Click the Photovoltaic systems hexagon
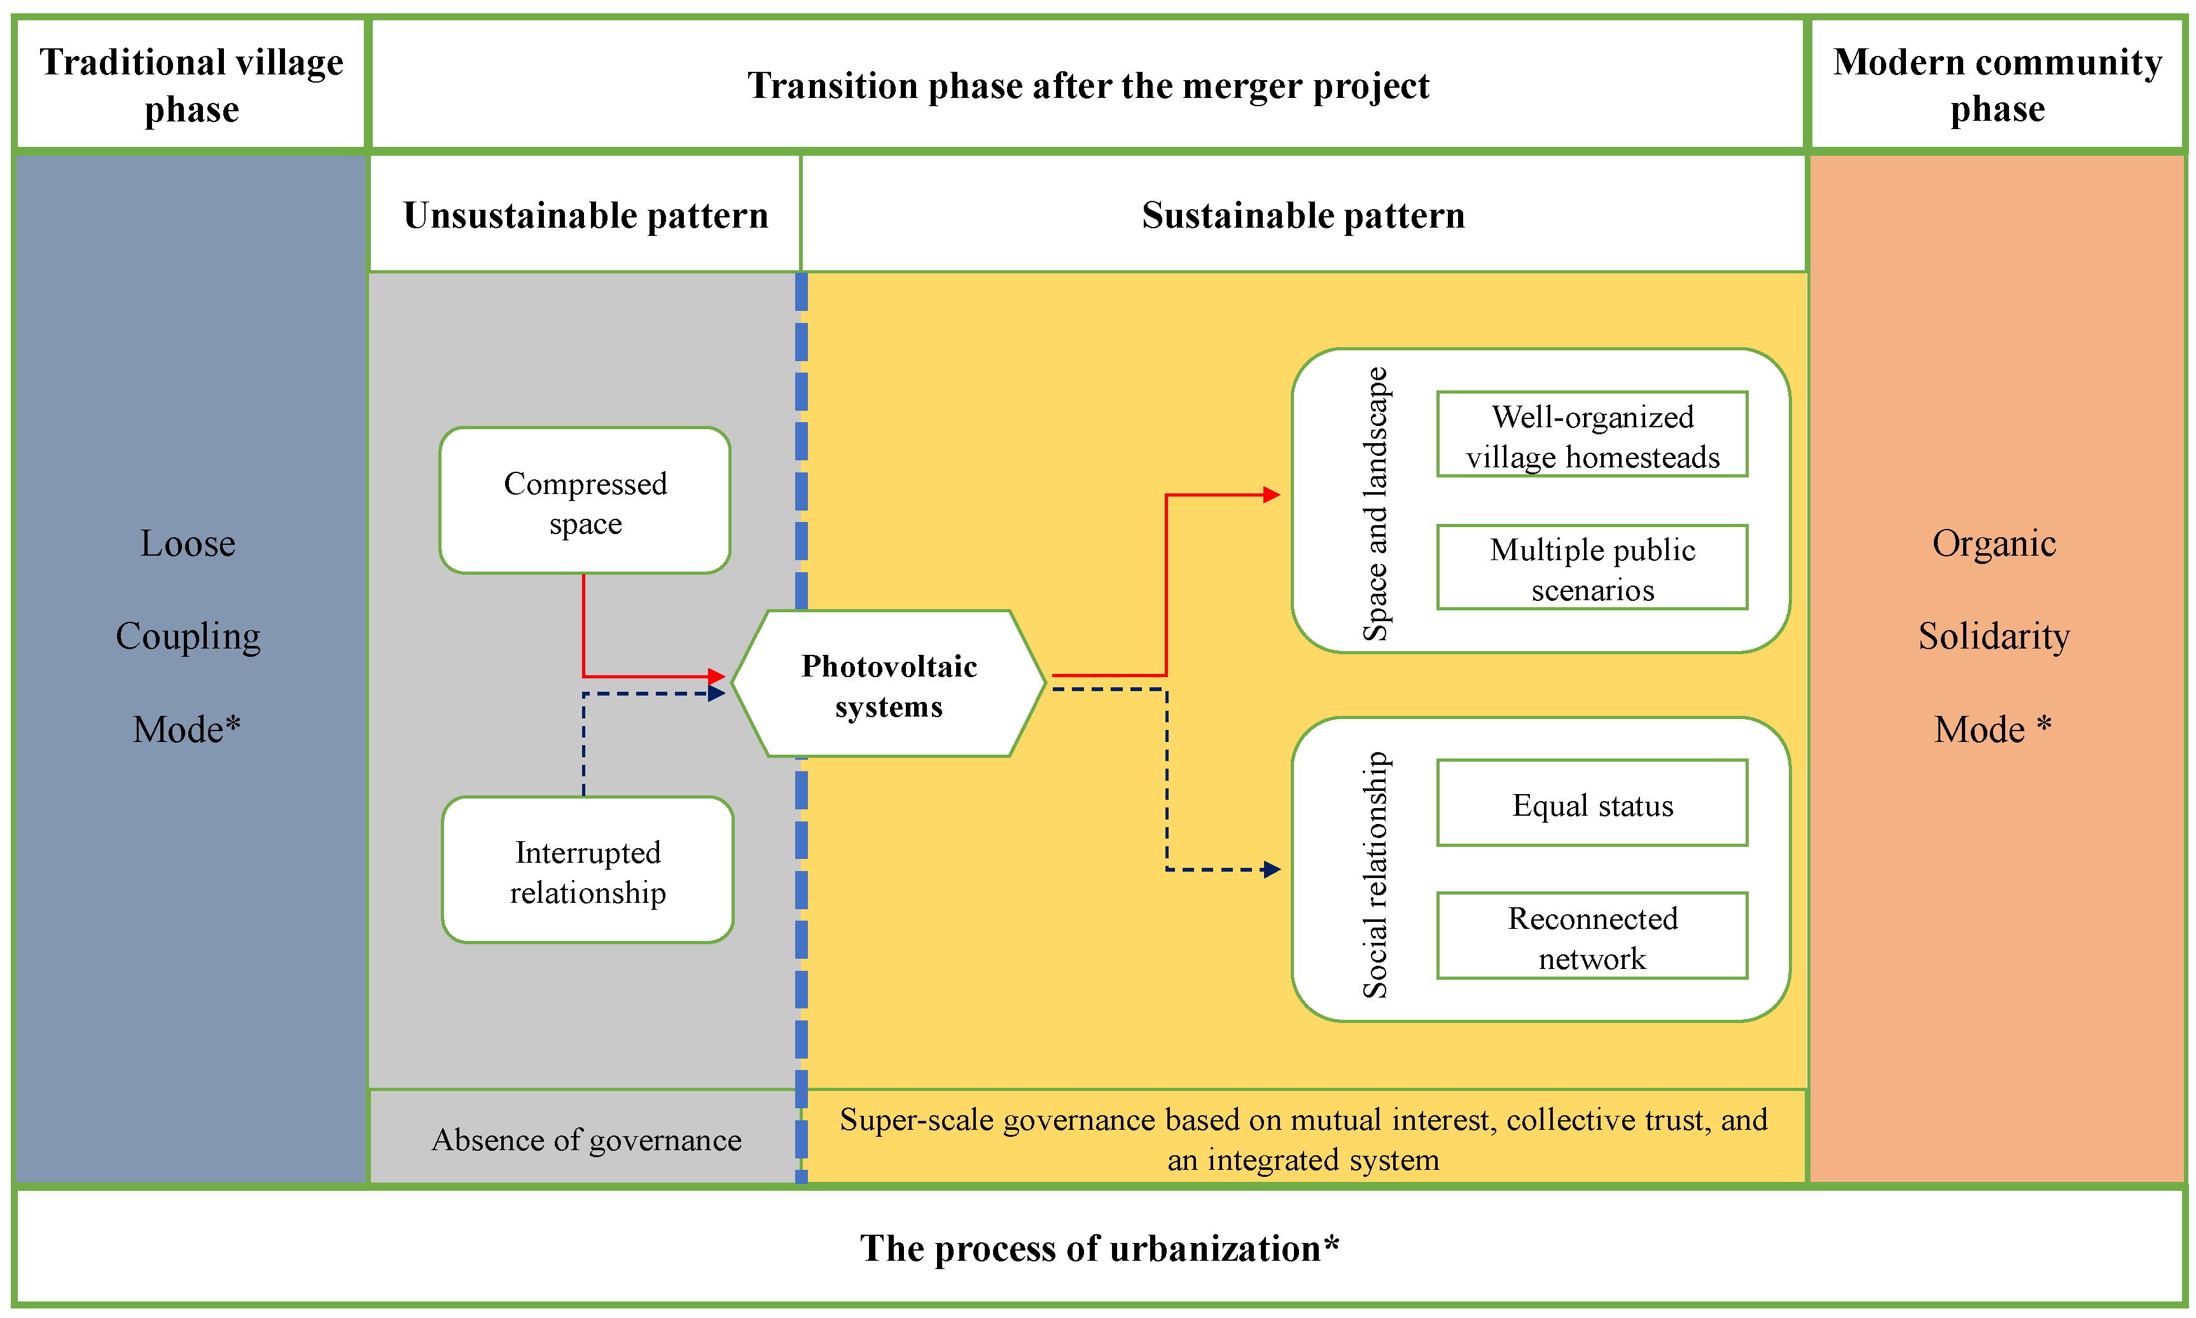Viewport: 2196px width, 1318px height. pyautogui.click(x=888, y=685)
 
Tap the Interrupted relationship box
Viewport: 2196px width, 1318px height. pyautogui.click(x=587, y=870)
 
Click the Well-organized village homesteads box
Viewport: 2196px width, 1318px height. pyautogui.click(x=1591, y=435)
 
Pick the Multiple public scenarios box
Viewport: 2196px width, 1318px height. pyautogui.click(x=1591, y=568)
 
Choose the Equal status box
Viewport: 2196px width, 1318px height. pyautogui.click(x=1591, y=804)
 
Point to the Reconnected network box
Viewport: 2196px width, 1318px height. pyautogui.click(x=1591, y=937)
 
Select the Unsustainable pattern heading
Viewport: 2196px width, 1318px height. pyautogui.click(x=585, y=215)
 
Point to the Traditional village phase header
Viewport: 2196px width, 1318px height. pyautogui.click(x=191, y=85)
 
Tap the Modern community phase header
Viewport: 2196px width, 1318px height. pyautogui.click(x=1996, y=85)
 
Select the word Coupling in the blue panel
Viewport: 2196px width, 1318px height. pyautogui.click(x=188, y=636)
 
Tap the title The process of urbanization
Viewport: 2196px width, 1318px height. pyautogui.click(x=1098, y=1248)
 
